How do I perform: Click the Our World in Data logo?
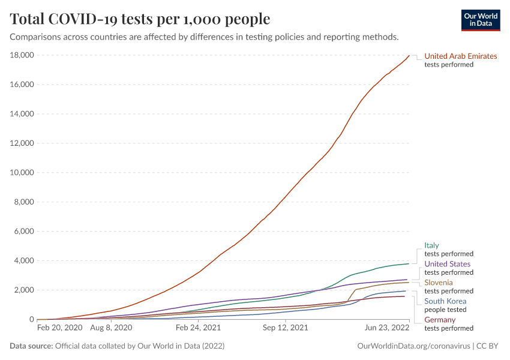pyautogui.click(x=480, y=20)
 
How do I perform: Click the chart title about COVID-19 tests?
pyautogui.click(x=140, y=19)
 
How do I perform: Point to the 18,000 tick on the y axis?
pyautogui.click(x=22, y=55)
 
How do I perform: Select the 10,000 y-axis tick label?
pyautogui.click(x=22, y=173)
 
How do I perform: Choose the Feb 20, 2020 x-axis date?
pyautogui.click(x=60, y=329)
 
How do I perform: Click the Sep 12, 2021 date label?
pyautogui.click(x=286, y=329)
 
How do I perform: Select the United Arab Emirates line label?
pyautogui.click(x=460, y=56)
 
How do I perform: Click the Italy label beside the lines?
pyautogui.click(x=431, y=245)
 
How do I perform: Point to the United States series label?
pyautogui.click(x=447, y=264)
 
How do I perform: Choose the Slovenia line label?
pyautogui.click(x=439, y=283)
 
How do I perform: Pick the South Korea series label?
pyautogui.click(x=445, y=301)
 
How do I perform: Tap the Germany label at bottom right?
pyautogui.click(x=440, y=320)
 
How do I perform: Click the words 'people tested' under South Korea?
pyautogui.click(x=445, y=310)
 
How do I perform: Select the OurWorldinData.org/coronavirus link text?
pyautogui.click(x=413, y=346)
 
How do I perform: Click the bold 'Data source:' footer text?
pyautogui.click(x=31, y=346)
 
